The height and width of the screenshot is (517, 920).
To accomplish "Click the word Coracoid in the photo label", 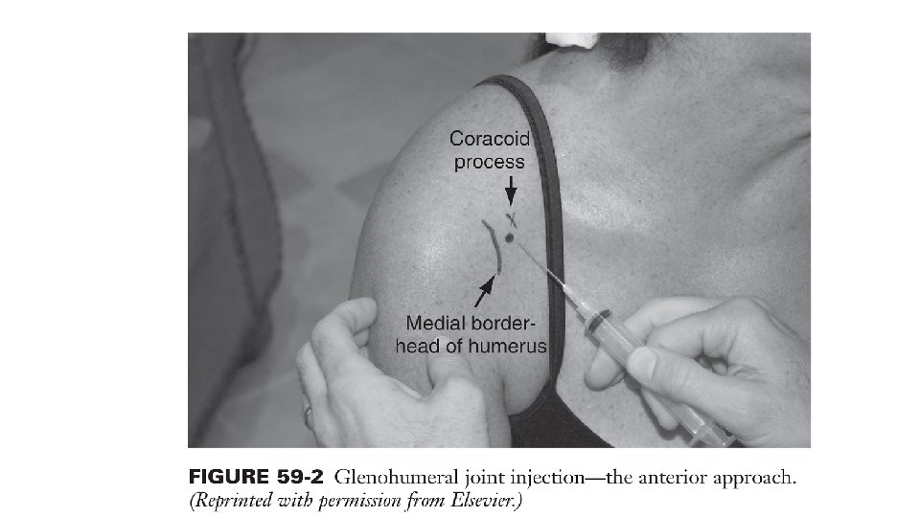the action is pos(489,141).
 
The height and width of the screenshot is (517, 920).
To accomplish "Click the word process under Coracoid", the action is pos(489,162).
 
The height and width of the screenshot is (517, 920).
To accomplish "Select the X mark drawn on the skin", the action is pos(513,218).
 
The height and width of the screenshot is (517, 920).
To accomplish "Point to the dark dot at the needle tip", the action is pos(510,237).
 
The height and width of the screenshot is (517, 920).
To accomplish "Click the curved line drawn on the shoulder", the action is pos(494,248).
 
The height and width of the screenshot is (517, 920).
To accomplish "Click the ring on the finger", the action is pos(308,414).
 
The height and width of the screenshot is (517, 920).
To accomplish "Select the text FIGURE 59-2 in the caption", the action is pos(253,476).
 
